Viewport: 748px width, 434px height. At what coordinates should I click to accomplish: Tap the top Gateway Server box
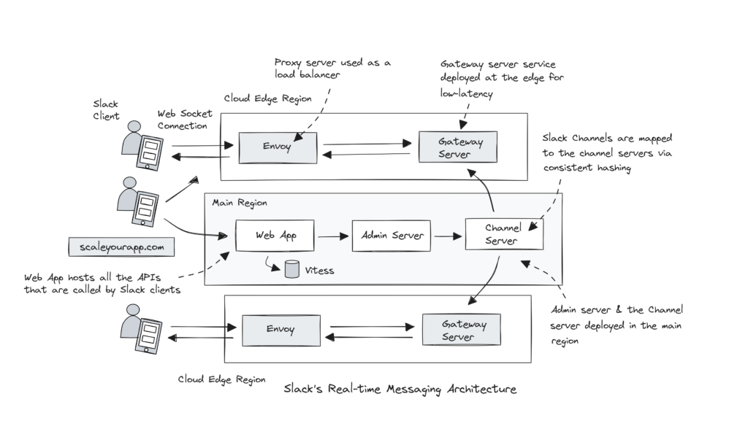tap(457, 147)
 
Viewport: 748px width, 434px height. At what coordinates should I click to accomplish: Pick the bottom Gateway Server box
tap(460, 330)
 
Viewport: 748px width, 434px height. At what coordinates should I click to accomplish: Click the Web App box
tap(275, 236)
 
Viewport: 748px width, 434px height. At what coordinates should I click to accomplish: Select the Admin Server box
tap(391, 236)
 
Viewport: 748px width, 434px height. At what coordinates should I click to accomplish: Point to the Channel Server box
tap(503, 235)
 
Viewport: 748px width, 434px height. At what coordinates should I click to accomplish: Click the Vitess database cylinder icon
tap(291, 270)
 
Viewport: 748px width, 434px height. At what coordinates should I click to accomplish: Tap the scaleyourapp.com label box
tap(122, 247)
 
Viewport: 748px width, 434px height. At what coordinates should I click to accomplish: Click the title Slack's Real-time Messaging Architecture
tap(400, 390)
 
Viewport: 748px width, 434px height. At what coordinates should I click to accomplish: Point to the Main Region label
tap(239, 203)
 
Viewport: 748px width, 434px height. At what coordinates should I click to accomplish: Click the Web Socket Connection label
tap(185, 119)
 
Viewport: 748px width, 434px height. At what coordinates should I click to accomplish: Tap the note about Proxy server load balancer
tap(332, 68)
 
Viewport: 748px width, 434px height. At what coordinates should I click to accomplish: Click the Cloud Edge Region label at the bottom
tap(221, 379)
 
